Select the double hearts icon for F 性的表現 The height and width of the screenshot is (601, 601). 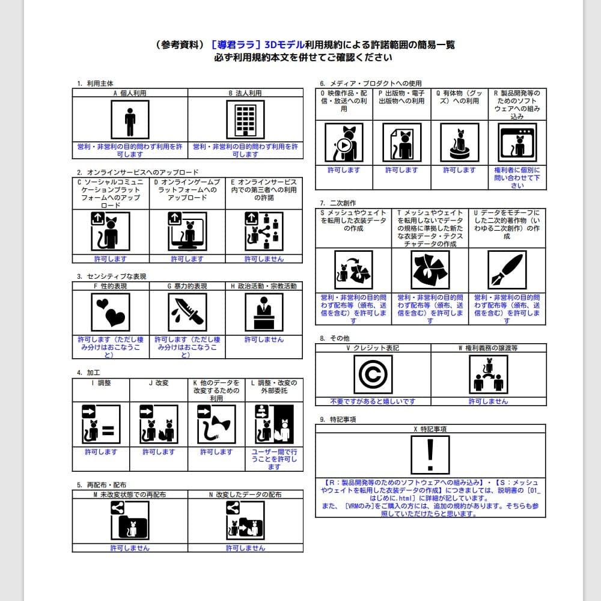pos(111,313)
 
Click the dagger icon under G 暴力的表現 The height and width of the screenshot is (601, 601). pos(187,313)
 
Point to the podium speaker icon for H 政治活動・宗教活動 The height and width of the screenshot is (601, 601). pos(264,313)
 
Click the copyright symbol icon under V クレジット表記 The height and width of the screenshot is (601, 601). pos(373,374)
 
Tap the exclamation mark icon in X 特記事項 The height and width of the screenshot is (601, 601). pos(430,454)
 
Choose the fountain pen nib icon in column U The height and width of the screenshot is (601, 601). pos(507,270)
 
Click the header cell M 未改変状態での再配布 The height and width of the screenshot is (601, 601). pos(130,495)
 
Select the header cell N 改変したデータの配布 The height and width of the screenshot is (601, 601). pos(245,495)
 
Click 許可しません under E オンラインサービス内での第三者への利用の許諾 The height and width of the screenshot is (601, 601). pos(264,259)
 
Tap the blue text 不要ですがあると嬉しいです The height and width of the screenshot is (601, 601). pos(373,401)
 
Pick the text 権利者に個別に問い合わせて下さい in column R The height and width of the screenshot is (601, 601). pos(517,178)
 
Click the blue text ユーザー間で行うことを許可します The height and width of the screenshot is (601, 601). pos(274,459)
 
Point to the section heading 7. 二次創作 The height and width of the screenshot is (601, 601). pos(338,203)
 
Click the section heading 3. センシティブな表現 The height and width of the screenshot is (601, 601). pos(111,276)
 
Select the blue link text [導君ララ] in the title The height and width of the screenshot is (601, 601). pos(236,45)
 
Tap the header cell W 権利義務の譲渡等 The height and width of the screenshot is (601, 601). pos(488,348)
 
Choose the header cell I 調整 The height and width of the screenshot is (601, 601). pos(101,383)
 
